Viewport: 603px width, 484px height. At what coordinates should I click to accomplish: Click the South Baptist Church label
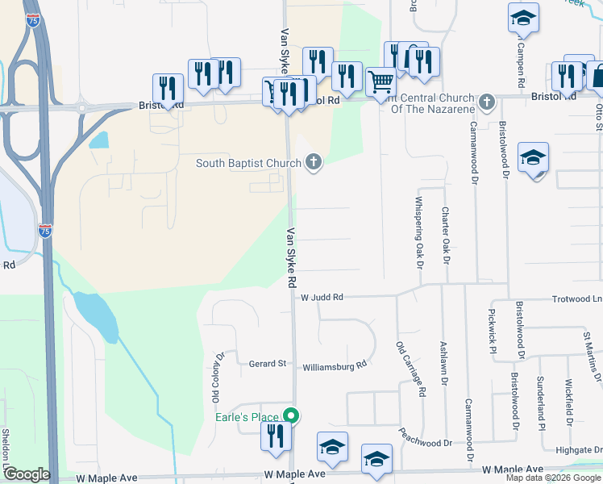247,164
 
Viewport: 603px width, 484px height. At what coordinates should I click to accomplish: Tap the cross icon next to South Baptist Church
314,164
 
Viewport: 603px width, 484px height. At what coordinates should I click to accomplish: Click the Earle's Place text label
247,417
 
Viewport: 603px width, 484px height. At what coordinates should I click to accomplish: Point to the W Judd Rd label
322,298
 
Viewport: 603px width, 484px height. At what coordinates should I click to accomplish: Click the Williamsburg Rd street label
335,365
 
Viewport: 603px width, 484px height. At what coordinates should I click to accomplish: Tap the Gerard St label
268,364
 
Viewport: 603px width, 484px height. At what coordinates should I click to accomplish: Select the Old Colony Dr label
216,377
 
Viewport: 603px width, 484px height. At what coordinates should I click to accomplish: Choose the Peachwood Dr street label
426,443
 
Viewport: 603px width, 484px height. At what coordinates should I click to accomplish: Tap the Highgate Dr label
578,449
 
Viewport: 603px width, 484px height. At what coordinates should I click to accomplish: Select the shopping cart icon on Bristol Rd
381,81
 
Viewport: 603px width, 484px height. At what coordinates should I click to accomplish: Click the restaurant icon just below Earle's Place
276,436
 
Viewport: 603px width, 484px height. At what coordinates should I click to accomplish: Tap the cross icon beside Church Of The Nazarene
485,102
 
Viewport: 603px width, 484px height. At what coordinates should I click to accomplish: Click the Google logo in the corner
27,475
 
